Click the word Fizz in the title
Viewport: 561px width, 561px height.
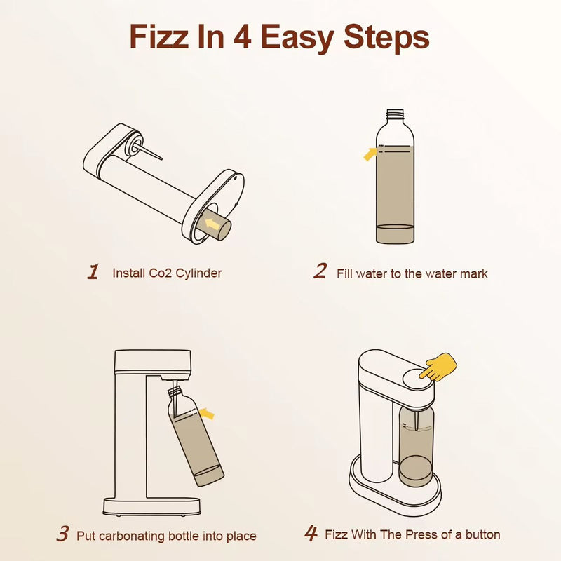pos(159,36)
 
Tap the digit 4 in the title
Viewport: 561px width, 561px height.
pos(242,36)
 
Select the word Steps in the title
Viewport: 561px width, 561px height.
pos(386,39)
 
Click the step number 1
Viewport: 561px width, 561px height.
pos(93,271)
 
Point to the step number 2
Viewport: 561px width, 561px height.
pos(320,271)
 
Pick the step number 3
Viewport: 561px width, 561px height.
pos(62,534)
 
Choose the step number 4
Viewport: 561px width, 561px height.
pos(311,533)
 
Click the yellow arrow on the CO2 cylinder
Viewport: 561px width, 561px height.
pos(212,224)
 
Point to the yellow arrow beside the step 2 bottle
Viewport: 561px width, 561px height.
pos(370,154)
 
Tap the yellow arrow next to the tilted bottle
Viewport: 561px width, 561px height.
pos(207,414)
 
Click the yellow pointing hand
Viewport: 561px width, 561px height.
pos(438,367)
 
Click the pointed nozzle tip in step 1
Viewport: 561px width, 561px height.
pos(162,158)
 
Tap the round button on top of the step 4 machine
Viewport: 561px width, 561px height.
pos(419,379)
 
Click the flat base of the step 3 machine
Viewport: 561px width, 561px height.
pos(151,506)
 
